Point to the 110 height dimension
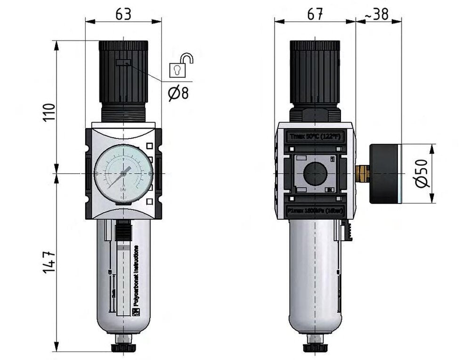(50, 113)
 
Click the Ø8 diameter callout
(178, 93)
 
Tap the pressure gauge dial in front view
(123, 173)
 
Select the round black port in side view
(314, 173)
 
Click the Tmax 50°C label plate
(315, 137)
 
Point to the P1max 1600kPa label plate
(315, 211)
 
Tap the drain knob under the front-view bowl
(123, 348)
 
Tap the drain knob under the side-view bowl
(314, 348)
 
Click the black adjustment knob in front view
(123, 75)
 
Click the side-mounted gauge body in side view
(385, 174)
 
